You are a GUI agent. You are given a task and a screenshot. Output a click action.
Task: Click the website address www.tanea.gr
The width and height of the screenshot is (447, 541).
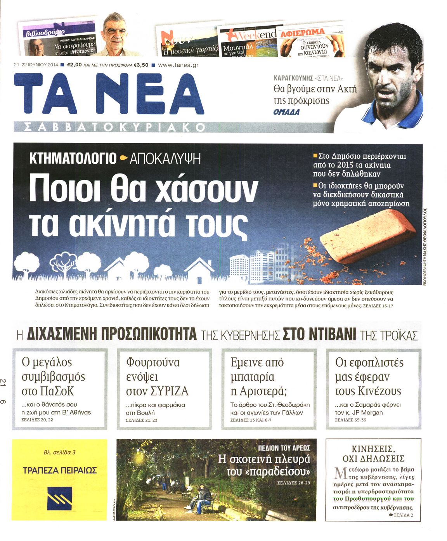point(178,65)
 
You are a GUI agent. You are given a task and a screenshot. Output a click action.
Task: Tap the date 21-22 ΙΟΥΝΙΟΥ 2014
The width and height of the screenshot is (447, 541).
point(36,65)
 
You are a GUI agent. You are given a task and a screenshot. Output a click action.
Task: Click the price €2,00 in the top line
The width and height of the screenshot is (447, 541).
point(74,65)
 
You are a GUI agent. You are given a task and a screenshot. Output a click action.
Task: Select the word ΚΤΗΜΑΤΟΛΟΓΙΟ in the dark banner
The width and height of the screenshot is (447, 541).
point(73,158)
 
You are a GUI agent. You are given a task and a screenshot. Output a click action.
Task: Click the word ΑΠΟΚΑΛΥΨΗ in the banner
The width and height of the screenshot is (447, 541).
point(165,159)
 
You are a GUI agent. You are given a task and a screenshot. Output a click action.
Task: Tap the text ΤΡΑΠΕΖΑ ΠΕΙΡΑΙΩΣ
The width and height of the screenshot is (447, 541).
point(60,470)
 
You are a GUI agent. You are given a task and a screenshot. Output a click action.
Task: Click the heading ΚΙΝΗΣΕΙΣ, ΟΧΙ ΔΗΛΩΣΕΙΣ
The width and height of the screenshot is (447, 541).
point(373,454)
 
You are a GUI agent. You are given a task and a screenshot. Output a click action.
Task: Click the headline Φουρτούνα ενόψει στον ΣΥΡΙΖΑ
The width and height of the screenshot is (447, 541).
point(157,376)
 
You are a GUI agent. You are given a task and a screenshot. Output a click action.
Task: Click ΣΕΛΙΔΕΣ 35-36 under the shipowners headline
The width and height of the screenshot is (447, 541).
point(350,420)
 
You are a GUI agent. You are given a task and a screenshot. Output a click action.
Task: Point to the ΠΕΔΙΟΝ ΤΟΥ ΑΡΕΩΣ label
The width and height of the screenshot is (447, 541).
point(284,448)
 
